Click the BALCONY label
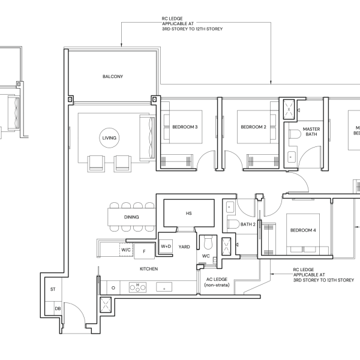(113, 76)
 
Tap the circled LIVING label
(109, 138)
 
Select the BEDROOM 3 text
(185, 127)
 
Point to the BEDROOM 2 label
(253, 127)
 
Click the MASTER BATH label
(311, 131)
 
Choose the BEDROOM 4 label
(303, 230)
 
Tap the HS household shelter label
(189, 213)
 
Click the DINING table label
(131, 217)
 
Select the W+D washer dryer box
(166, 247)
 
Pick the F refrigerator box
(144, 251)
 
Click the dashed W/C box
(126, 250)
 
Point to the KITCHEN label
(149, 269)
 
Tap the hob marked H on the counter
(137, 287)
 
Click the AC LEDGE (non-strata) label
(217, 282)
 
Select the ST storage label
(53, 289)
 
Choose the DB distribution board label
(58, 308)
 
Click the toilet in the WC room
(208, 242)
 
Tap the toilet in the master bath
(295, 134)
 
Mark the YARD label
(184, 247)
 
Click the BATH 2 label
(248, 224)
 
